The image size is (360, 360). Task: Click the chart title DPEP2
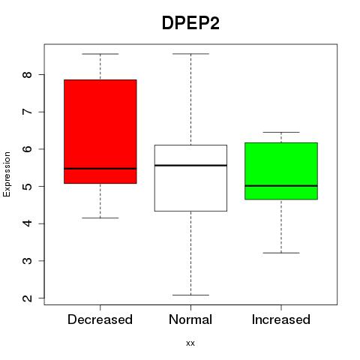[x=190, y=23]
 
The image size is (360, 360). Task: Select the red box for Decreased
[x=100, y=131]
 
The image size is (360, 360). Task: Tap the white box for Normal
[x=190, y=178]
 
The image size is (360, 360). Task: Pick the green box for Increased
[x=281, y=171]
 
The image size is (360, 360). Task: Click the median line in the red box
[x=100, y=169]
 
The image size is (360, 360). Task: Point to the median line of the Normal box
[x=190, y=166]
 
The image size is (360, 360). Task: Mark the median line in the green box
[x=281, y=186]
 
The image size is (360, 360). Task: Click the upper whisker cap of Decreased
[x=100, y=54]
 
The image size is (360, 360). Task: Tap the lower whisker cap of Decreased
[x=100, y=218]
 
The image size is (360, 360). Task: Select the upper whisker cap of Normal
[x=190, y=54]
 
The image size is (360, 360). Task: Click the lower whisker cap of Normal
[x=190, y=295]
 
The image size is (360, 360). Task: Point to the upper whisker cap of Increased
[x=281, y=132]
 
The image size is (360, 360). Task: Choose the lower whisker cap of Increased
[x=281, y=253]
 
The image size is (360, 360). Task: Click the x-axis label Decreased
[x=100, y=319]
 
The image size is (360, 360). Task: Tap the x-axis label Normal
[x=190, y=319]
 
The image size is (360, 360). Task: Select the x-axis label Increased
[x=281, y=319]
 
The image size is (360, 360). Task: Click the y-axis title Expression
[x=7, y=174]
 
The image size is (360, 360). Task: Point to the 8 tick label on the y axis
[x=28, y=74]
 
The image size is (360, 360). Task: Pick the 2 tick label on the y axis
[x=28, y=298]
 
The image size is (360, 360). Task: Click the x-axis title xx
[x=190, y=343]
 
